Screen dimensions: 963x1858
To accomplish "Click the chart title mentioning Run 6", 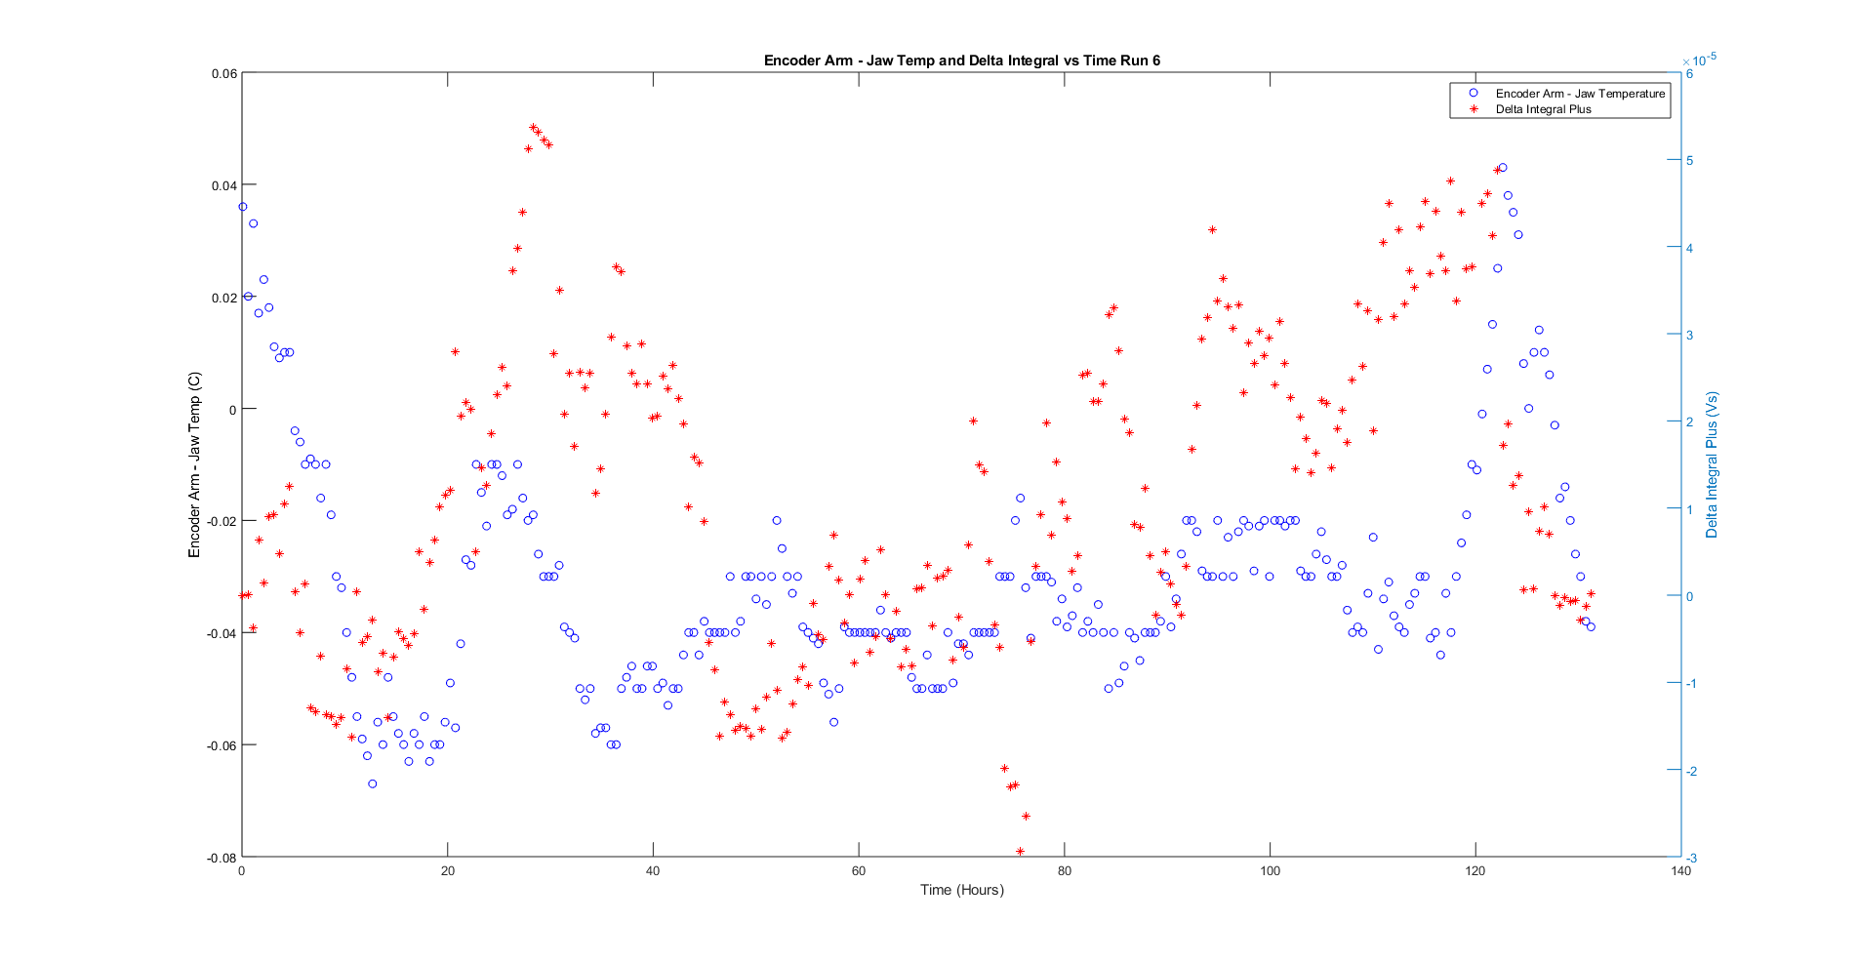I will click(961, 60).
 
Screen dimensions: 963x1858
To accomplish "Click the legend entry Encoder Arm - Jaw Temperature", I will click(1579, 94).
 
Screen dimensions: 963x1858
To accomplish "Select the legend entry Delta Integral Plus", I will click(1543, 109).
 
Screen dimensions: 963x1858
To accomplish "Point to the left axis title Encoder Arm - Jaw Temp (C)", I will click(194, 464).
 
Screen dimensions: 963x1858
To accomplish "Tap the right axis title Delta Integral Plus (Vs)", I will click(1712, 465).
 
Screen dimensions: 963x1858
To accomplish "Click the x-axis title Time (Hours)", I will click(961, 890).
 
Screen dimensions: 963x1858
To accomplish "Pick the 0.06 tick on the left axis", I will click(223, 74).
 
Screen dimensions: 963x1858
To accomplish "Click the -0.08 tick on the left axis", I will click(222, 858).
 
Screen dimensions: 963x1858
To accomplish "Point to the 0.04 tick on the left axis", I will click(223, 185).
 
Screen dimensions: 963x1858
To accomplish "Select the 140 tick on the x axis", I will click(1680, 871).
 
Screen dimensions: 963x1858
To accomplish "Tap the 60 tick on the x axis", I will click(859, 871).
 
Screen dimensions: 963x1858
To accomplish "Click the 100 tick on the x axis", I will click(1270, 871).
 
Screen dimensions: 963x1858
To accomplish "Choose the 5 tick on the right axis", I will click(1689, 161).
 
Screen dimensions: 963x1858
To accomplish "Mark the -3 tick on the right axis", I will click(1691, 859).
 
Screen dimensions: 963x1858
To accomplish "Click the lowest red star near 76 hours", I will click(1021, 852).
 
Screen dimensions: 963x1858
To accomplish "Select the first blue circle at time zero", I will click(243, 207).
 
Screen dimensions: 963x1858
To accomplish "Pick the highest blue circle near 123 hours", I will click(1503, 168).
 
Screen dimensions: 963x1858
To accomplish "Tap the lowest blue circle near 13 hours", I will click(373, 784).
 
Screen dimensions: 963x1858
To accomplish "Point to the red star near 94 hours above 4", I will click(1213, 230).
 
